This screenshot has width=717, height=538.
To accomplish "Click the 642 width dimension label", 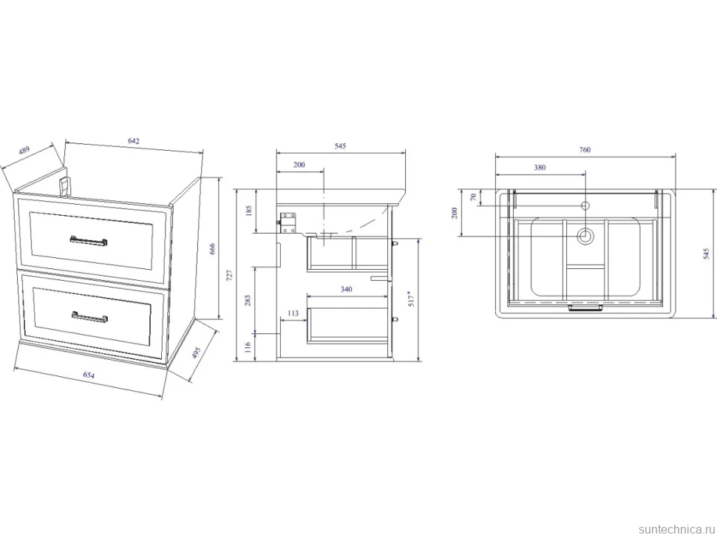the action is point(133,141).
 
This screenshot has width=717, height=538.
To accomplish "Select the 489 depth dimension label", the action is point(24,151).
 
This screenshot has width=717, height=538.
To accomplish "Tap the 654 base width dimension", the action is point(89,375).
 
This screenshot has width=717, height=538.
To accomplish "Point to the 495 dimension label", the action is point(196,353).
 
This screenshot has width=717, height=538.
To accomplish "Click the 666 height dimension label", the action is point(211,249).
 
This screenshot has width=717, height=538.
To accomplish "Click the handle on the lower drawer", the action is point(89,317).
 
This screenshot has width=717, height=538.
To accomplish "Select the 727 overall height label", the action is point(230,275).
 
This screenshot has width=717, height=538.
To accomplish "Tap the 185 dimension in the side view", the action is point(249,211).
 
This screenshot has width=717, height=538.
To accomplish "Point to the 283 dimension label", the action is point(248,300).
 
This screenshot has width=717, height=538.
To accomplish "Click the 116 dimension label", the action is point(248,347).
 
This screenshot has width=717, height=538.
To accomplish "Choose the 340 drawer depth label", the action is point(347,290).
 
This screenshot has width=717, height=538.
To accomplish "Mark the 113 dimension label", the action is point(293,313).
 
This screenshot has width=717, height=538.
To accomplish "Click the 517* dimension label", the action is point(411,298).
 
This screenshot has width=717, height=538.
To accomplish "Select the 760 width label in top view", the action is point(585,150).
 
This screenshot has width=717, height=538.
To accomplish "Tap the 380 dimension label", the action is point(540,168).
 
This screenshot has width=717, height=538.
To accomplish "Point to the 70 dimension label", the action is point(474,197).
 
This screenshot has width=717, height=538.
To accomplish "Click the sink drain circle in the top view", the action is point(585,236).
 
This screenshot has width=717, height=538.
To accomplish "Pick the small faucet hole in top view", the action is point(585,205).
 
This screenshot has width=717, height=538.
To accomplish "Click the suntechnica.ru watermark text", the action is point(676,529).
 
